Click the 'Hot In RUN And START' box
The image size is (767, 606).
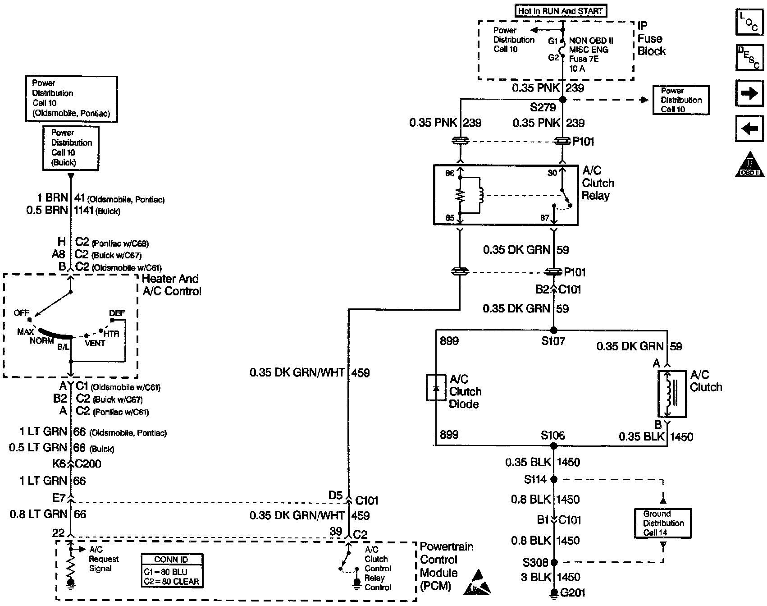click(x=560, y=11)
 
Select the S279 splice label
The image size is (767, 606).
click(x=543, y=108)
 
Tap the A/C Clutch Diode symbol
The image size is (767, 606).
click(x=436, y=387)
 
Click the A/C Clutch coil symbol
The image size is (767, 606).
click(x=668, y=394)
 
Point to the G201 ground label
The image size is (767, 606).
click(x=572, y=592)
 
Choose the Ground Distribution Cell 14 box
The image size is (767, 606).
click(x=663, y=523)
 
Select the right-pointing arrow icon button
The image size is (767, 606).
click(x=749, y=93)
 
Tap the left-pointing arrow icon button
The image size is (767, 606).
click(x=749, y=129)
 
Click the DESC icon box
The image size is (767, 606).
click(x=749, y=58)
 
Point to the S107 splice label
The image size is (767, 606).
click(x=553, y=341)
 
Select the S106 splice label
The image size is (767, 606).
click(x=553, y=436)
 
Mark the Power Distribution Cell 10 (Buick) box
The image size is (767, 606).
click(x=71, y=148)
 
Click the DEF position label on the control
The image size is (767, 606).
click(x=117, y=313)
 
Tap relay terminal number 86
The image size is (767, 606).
click(x=450, y=174)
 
